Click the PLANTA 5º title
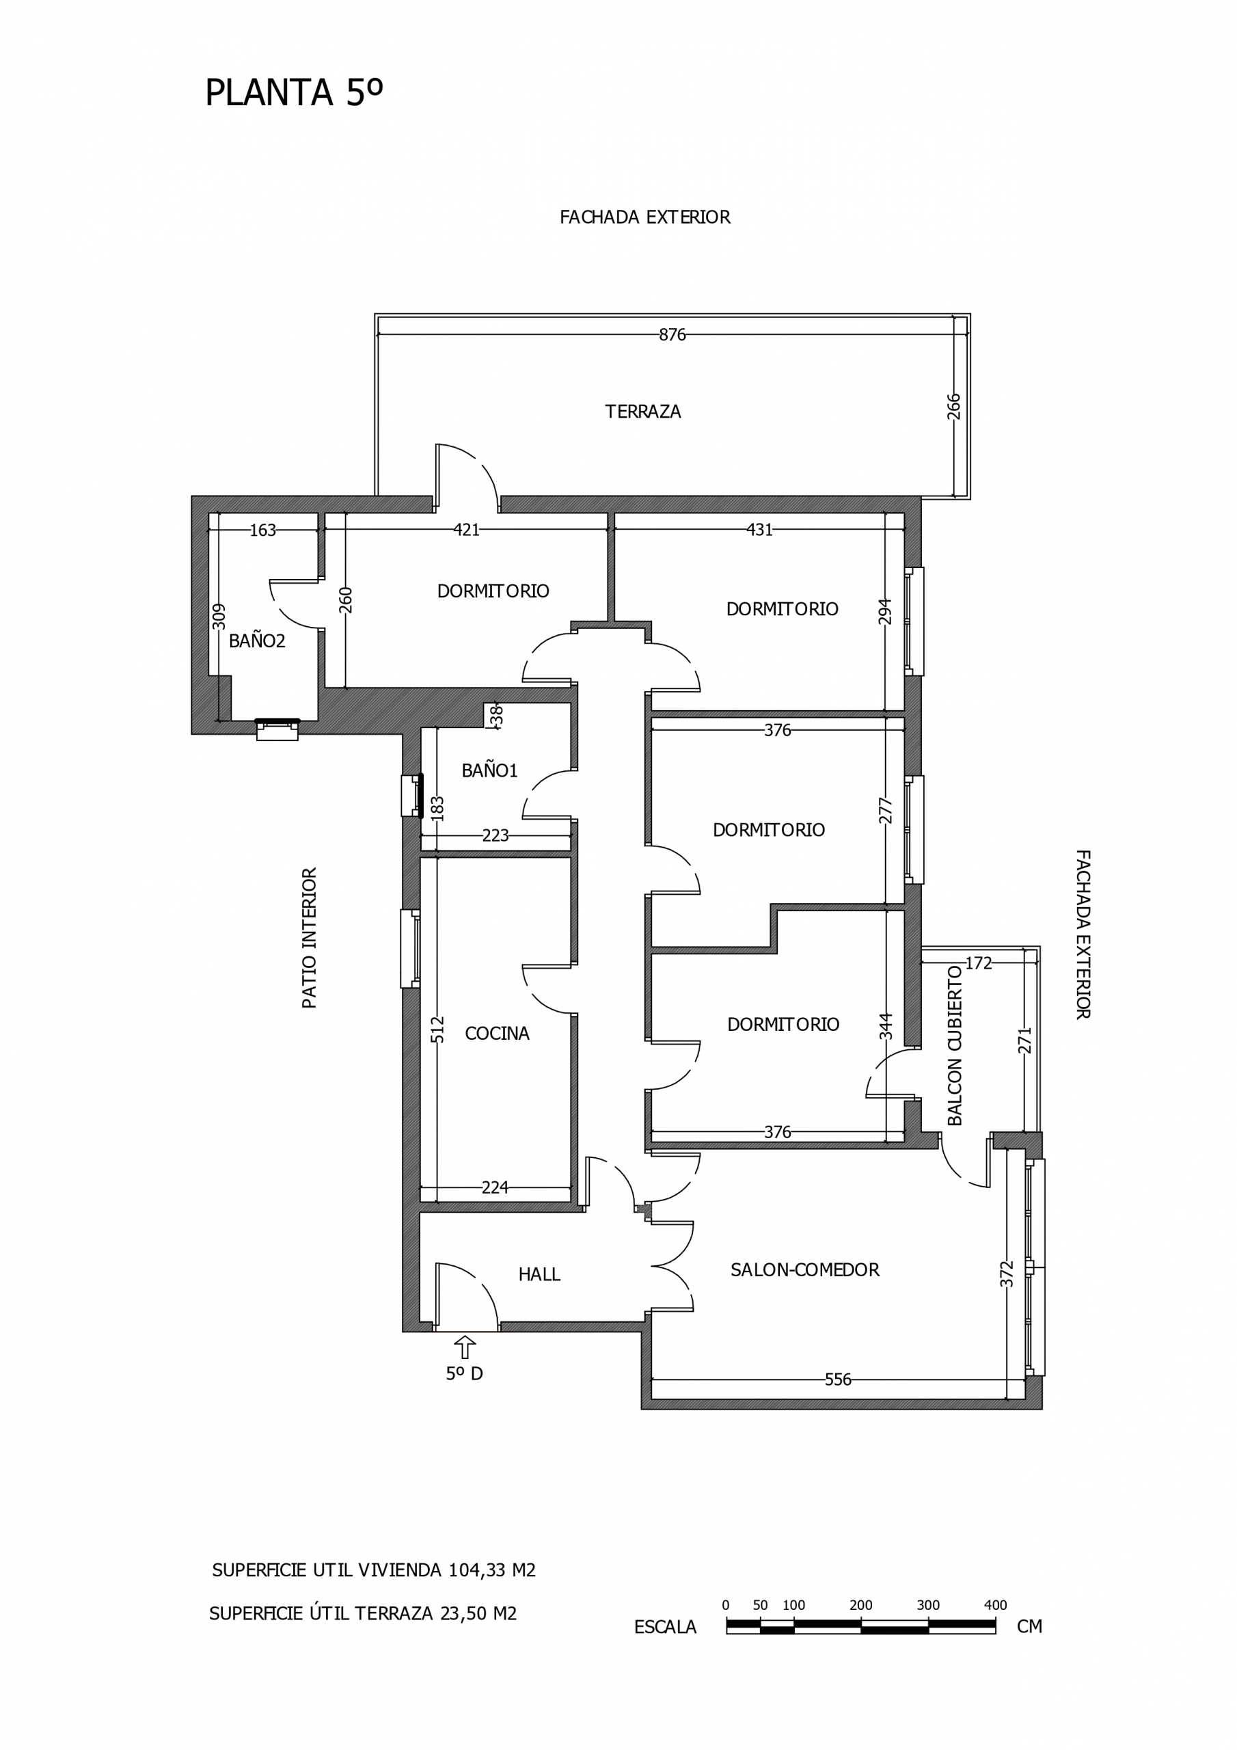pos(293,93)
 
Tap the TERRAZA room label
pos(642,412)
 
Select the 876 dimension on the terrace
pos(672,334)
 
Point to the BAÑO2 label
pos(257,641)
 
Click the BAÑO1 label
pos(489,770)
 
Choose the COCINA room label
pos(497,1034)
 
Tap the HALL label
pos(539,1274)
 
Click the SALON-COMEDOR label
pos(805,1270)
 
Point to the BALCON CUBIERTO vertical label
pos(955,1046)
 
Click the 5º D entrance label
pos(464,1373)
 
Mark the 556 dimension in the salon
pos(838,1379)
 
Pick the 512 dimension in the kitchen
pos(437,1029)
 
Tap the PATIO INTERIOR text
pos(310,939)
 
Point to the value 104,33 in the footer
pos(476,1570)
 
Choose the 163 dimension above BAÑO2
pos(263,530)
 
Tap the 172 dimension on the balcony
pos(979,963)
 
